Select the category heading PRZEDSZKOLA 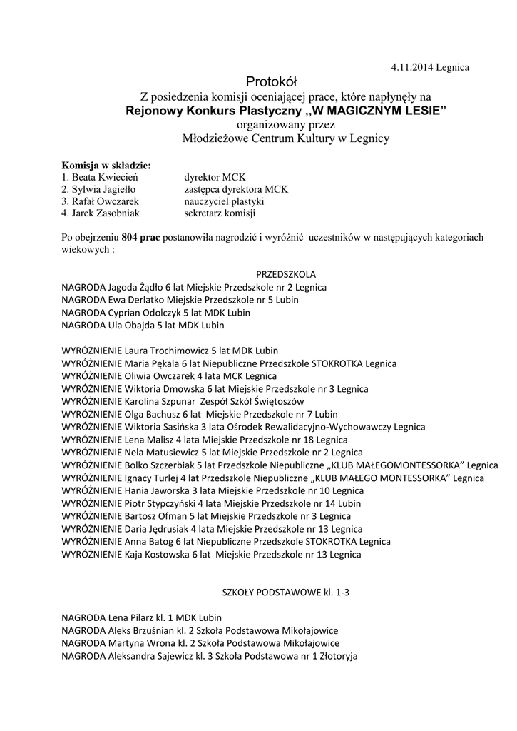286,274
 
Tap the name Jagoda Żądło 133,287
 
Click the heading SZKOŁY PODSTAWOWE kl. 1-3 286,592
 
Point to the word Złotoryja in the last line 335,655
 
